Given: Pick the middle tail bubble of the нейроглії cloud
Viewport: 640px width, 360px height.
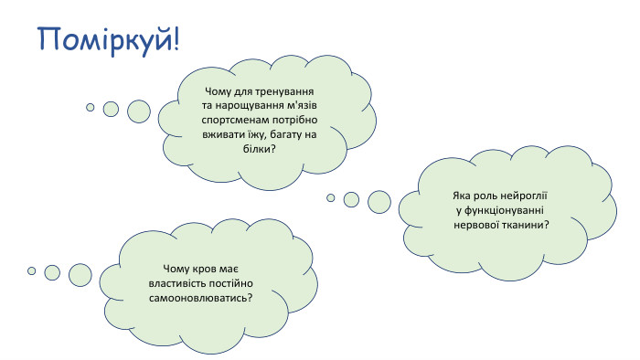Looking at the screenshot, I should click(x=351, y=199).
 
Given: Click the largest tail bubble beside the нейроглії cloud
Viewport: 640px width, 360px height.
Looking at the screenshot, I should click(x=379, y=202).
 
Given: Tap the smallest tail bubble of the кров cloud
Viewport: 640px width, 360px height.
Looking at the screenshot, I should click(x=31, y=270).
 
